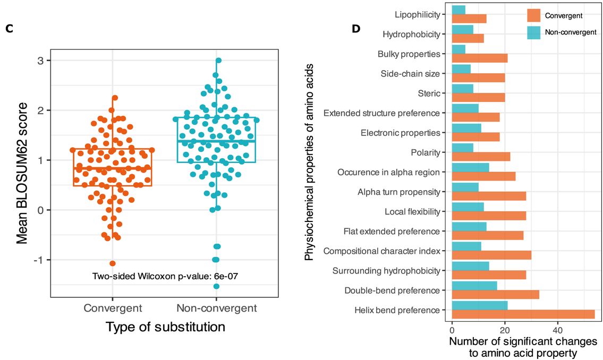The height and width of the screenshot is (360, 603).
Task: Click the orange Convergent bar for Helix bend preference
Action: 523,314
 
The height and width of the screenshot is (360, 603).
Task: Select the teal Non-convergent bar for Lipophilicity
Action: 458,10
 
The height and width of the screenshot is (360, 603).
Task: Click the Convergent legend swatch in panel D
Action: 534,15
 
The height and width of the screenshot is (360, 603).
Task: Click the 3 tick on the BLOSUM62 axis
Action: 40,61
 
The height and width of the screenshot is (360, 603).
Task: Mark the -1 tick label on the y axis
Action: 39,260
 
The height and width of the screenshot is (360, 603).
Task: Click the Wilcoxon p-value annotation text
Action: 161,276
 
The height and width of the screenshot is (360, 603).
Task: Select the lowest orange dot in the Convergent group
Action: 113,263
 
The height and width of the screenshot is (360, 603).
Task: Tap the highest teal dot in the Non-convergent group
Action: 218,61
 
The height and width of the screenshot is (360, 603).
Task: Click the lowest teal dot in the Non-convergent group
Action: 216,287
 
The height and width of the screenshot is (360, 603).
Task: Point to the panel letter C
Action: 9,30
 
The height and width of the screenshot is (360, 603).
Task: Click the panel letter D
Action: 356,28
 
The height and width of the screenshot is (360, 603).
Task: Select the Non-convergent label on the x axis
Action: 216,308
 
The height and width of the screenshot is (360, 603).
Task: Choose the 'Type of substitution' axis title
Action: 165,327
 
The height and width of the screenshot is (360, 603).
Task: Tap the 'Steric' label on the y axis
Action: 429,93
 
